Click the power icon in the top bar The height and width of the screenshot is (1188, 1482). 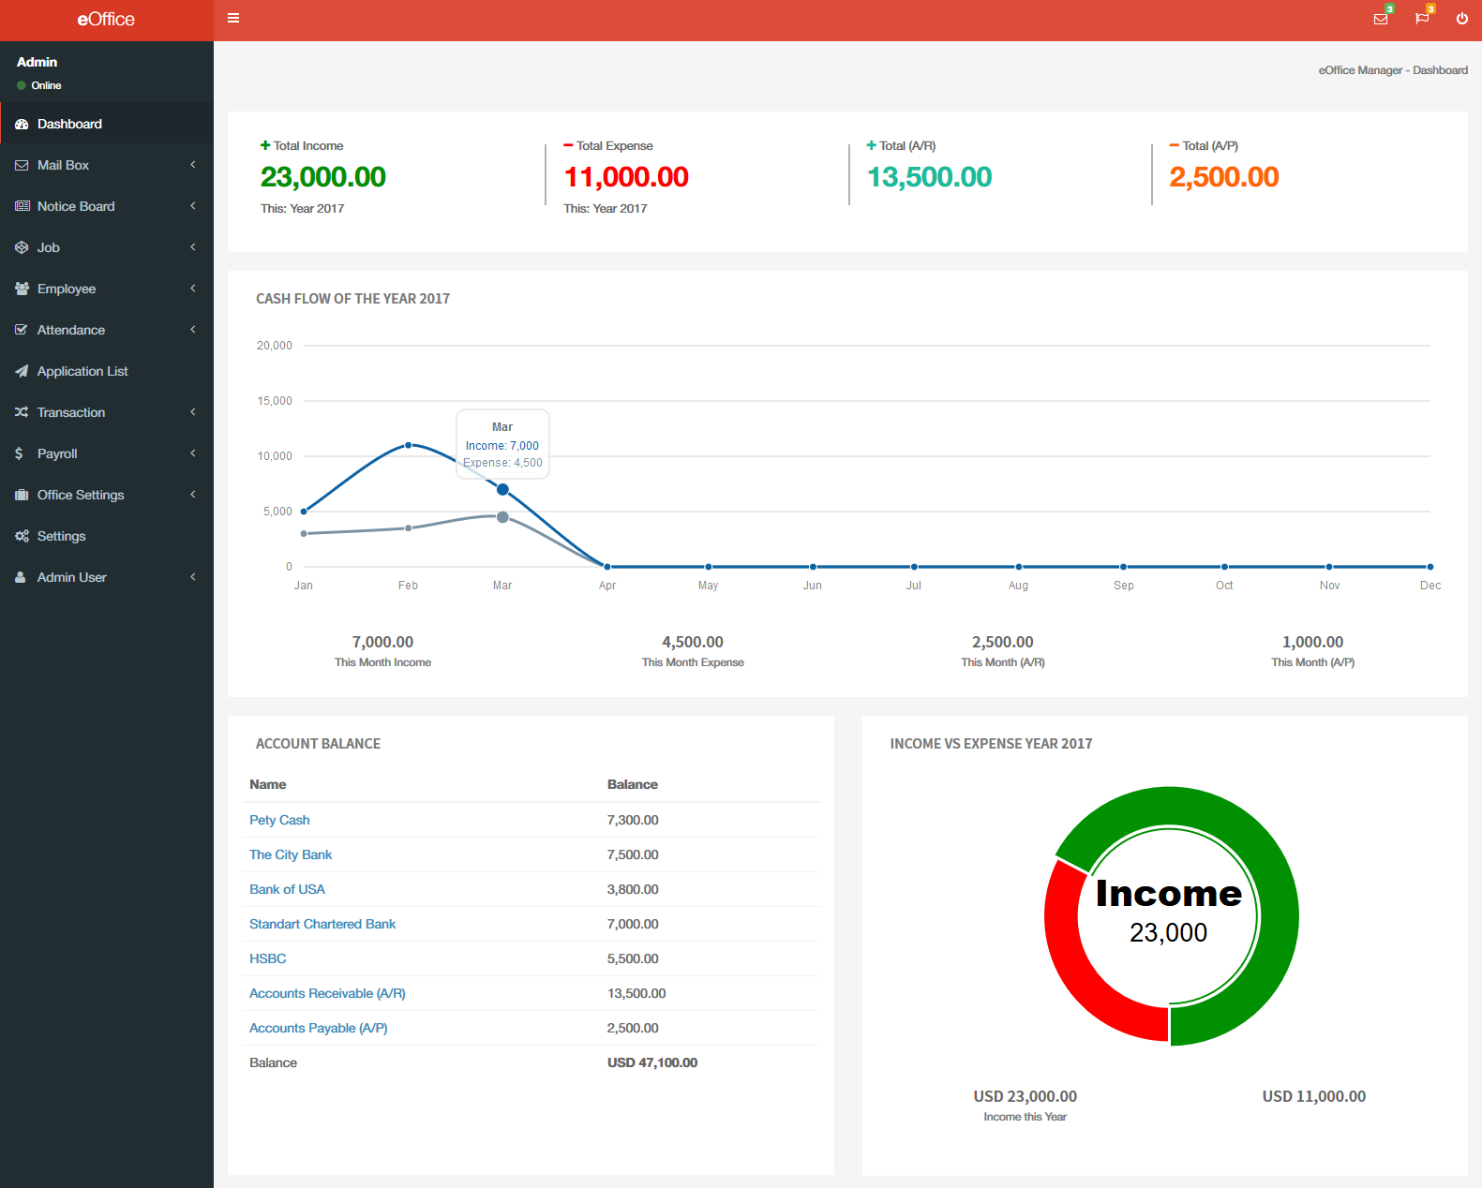[x=1461, y=19]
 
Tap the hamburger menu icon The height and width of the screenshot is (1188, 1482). [x=233, y=18]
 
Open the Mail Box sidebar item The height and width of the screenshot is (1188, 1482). [x=63, y=165]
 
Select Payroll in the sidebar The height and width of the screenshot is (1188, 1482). [x=57, y=453]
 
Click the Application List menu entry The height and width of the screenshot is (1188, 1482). [x=82, y=371]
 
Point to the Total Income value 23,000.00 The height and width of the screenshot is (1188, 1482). [x=322, y=177]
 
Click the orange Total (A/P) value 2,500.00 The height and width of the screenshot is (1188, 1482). [x=1223, y=177]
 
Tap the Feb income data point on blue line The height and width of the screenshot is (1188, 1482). [x=408, y=445]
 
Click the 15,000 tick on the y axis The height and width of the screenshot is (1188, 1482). [x=275, y=401]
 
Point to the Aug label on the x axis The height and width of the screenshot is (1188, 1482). [x=1018, y=586]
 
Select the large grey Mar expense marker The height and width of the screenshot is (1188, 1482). [x=502, y=517]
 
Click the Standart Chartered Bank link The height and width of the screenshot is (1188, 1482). [x=322, y=924]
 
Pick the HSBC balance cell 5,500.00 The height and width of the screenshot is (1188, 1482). [x=633, y=958]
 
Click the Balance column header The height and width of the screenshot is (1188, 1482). [x=633, y=784]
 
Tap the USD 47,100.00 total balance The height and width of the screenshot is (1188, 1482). [x=652, y=1062]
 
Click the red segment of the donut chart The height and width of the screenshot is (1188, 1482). [x=1078, y=965]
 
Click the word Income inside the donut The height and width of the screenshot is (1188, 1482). [x=1168, y=894]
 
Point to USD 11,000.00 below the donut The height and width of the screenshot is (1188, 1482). [x=1313, y=1096]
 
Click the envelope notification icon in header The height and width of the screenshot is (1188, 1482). [x=1380, y=19]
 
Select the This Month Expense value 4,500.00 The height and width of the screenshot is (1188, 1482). [x=693, y=642]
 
